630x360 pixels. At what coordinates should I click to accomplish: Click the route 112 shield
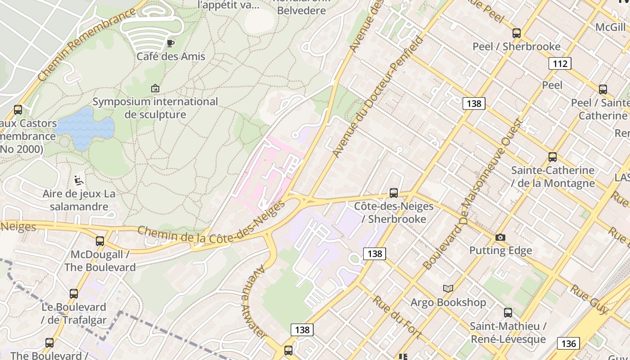click(560, 63)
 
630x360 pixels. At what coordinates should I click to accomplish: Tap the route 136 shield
click(568, 344)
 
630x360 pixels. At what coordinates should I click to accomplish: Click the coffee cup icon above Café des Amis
click(170, 43)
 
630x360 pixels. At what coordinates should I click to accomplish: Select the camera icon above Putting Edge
click(500, 237)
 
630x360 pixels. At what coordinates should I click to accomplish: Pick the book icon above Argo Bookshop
click(448, 288)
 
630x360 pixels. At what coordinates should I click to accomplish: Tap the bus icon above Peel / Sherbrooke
click(516, 33)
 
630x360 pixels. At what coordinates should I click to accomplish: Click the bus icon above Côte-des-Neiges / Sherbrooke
click(393, 193)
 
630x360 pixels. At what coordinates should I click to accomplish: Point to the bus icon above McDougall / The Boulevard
click(100, 241)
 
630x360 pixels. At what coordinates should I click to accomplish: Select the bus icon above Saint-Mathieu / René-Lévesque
click(508, 312)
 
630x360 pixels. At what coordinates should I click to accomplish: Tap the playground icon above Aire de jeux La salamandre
click(79, 180)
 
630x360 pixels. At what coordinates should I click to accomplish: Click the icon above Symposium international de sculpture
click(155, 88)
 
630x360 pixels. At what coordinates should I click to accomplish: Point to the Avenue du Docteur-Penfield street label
click(378, 97)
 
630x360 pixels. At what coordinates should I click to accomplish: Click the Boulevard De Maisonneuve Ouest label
click(472, 194)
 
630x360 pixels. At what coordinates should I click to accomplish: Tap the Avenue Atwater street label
click(255, 301)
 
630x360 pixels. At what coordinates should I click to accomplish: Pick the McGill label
click(610, 27)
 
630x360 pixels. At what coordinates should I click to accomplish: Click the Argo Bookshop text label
click(448, 302)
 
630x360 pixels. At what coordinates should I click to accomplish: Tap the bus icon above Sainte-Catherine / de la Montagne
click(552, 157)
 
